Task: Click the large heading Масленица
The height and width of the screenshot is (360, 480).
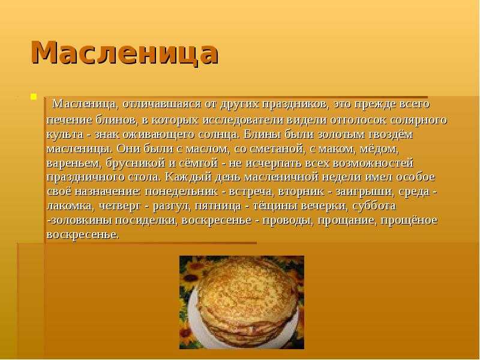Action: click(x=125, y=52)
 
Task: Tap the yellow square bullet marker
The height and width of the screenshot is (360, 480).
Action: click(x=34, y=97)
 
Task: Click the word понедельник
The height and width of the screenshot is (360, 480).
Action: click(x=181, y=191)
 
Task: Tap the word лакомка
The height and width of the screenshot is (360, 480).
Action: click(x=69, y=206)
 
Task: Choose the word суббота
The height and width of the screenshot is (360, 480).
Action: click(x=374, y=206)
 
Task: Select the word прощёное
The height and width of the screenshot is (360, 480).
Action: click(x=409, y=220)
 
